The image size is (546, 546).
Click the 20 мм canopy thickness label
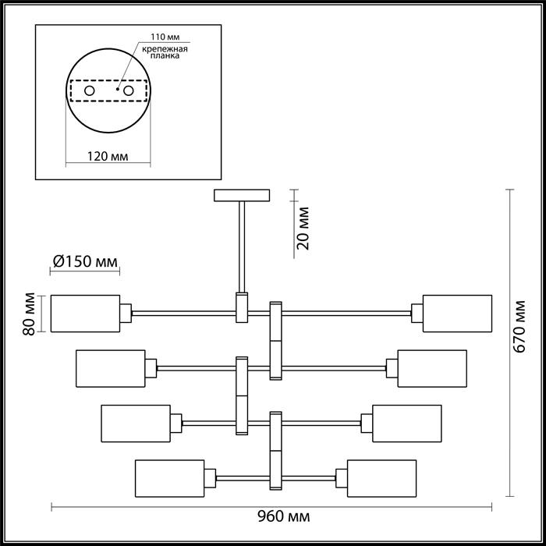coord(304,228)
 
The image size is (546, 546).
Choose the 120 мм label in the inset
coord(107,156)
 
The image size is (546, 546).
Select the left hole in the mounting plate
coord(90,92)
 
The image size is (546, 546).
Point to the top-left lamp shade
coord(85,314)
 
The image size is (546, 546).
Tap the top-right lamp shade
coord(458,314)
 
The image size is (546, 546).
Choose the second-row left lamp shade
coord(111,368)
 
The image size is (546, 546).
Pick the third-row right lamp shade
coord(406,424)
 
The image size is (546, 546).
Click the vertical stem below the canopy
coord(242,246)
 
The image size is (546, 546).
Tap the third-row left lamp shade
coord(136,424)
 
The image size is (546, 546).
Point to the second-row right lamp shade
coord(432,368)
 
